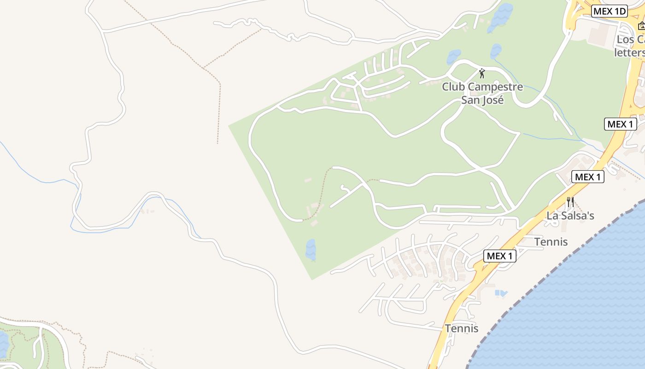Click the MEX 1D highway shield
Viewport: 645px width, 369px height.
click(x=610, y=12)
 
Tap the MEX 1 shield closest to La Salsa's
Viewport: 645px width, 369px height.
click(x=587, y=177)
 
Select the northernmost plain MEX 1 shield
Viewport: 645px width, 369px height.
click(x=620, y=124)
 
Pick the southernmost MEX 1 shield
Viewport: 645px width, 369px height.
click(x=500, y=256)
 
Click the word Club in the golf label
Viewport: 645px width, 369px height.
click(x=453, y=87)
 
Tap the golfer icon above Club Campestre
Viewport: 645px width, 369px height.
click(x=482, y=73)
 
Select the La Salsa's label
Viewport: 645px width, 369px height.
click(x=570, y=215)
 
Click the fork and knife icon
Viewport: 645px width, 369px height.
click(x=570, y=202)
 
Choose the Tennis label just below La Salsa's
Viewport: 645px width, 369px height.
click(x=551, y=242)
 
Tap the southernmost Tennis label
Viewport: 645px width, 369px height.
click(x=462, y=328)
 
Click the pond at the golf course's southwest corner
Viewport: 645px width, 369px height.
click(x=311, y=249)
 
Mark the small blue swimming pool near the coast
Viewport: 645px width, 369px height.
click(x=500, y=293)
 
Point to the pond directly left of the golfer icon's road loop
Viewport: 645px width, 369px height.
click(x=453, y=57)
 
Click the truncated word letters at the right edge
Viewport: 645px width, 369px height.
click(x=629, y=53)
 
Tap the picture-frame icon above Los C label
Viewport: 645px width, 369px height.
click(x=641, y=26)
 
